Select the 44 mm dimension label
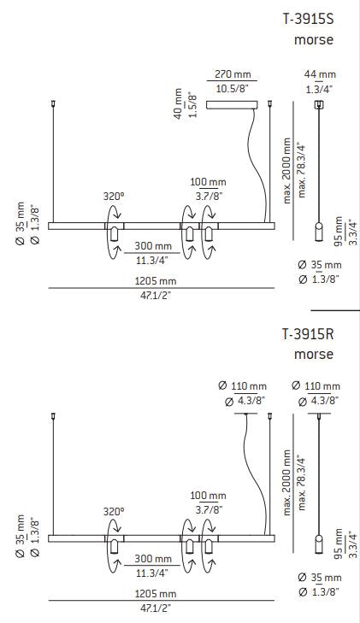point(322,75)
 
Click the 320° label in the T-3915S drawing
point(114,196)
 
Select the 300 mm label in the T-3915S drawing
point(153,246)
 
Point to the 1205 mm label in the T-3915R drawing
point(155,593)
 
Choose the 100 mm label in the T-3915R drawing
point(208,496)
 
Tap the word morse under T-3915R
point(313,355)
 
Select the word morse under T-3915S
point(313,39)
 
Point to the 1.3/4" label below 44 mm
point(322,89)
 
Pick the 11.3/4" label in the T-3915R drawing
point(153,573)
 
